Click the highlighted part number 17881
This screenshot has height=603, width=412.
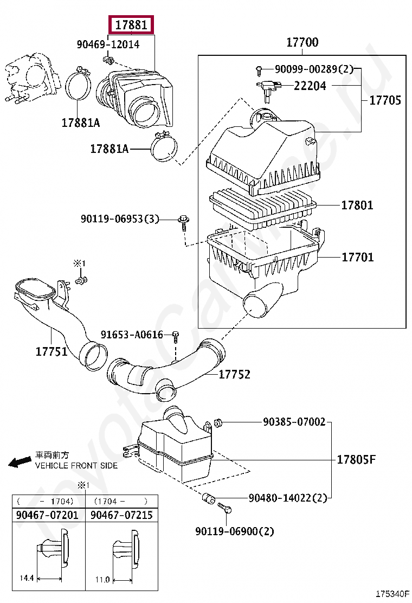132,25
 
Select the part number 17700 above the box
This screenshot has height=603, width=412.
302,42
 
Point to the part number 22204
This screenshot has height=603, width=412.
310,86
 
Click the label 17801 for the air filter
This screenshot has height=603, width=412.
357,206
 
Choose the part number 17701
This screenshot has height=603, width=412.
357,257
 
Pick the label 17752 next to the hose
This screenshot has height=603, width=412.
235,374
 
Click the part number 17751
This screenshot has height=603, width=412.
51,351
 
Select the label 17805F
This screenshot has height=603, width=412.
356,460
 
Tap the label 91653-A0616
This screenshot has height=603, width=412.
132,335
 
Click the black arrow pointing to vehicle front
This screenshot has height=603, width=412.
20,461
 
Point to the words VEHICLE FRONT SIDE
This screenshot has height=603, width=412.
76,466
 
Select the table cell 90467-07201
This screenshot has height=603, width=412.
48,515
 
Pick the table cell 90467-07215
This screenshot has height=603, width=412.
122,515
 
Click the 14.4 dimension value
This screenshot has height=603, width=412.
27,579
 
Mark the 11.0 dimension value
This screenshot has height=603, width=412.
102,579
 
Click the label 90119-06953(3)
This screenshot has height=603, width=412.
120,219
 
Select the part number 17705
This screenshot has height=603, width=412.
385,100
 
